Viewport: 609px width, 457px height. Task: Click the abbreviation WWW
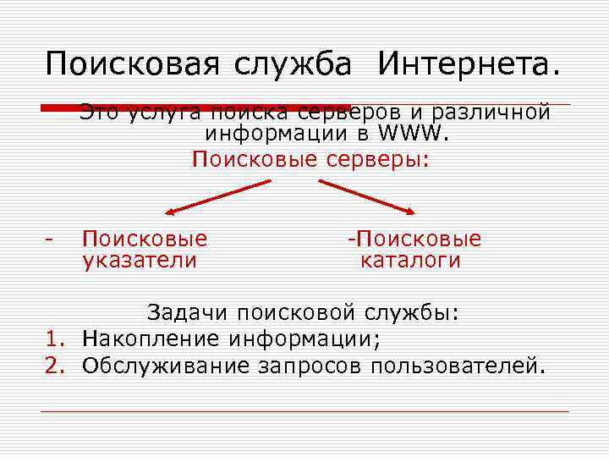click(x=414, y=134)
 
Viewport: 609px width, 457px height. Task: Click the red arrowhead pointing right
click(x=409, y=212)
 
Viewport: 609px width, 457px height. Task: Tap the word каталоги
click(x=411, y=261)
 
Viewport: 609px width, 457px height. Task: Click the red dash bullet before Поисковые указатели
click(x=52, y=240)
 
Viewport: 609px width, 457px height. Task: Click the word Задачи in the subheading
click(x=188, y=313)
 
